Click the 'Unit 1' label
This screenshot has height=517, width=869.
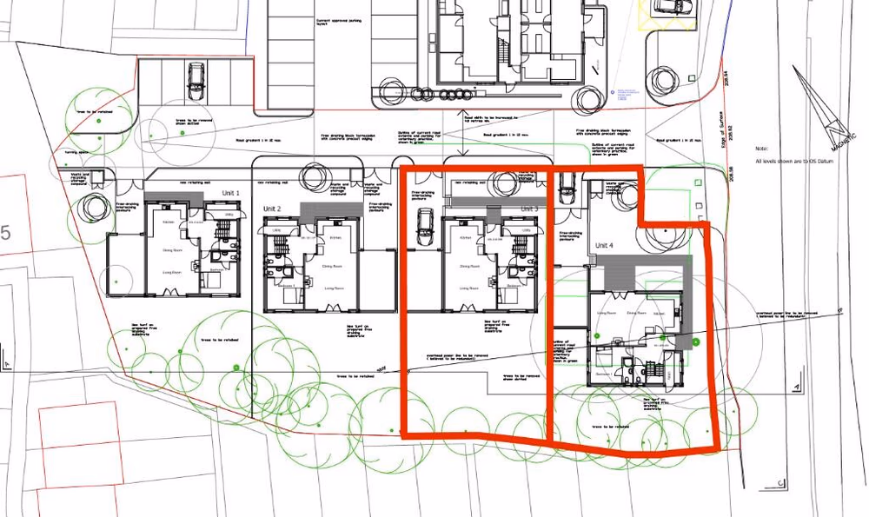click(230, 192)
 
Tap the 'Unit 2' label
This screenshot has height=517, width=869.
click(273, 209)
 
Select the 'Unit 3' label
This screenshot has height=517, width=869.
click(529, 209)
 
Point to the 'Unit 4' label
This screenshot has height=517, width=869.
click(604, 246)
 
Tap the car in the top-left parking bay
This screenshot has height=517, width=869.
click(195, 77)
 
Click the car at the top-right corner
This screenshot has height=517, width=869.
click(671, 7)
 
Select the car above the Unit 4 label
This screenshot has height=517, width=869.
click(567, 185)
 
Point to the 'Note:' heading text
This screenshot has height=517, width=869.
click(761, 149)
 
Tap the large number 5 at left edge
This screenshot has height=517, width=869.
click(6, 233)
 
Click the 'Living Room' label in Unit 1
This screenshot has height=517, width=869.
click(170, 272)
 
